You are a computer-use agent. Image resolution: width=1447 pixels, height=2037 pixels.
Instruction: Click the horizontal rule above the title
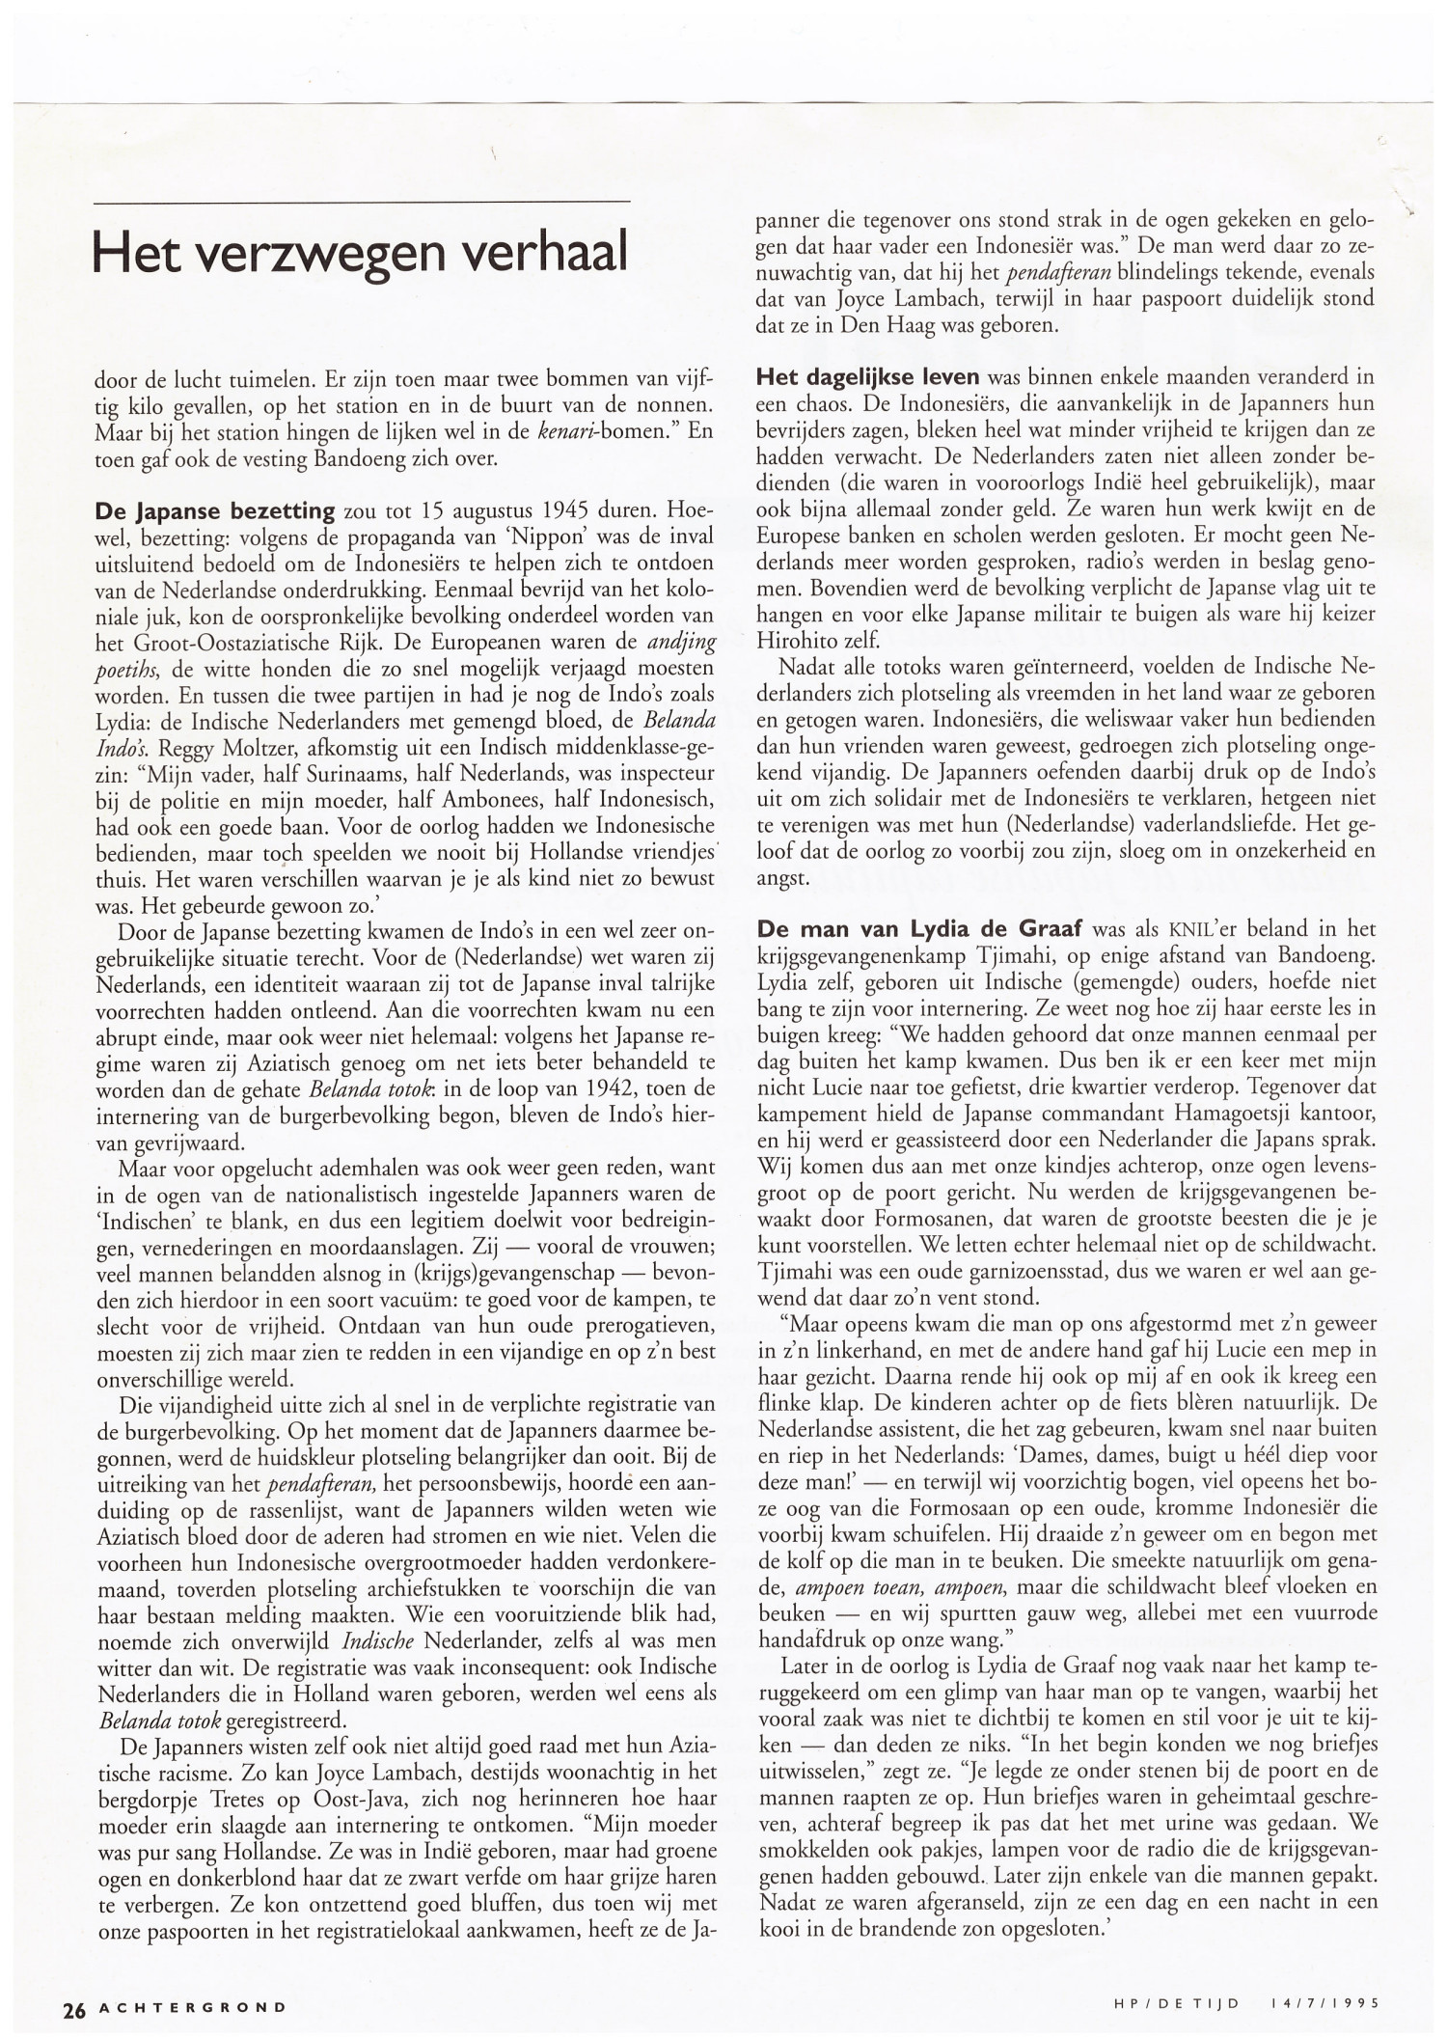point(361,201)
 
